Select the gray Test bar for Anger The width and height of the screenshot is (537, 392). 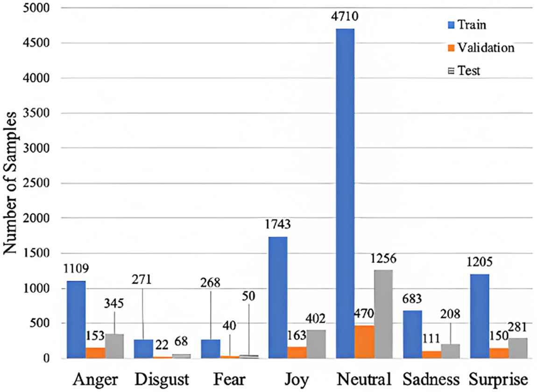[114, 346]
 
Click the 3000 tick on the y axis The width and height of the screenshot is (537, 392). [40, 148]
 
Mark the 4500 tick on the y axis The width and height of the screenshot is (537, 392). [40, 43]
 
